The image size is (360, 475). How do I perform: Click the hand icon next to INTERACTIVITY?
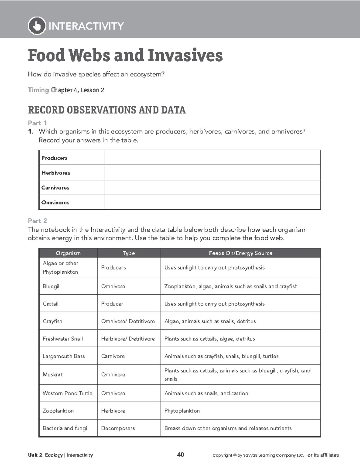pyautogui.click(x=37, y=26)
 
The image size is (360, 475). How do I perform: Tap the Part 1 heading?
pyautogui.click(x=37, y=123)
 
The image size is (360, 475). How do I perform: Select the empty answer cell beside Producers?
pyautogui.click(x=212, y=158)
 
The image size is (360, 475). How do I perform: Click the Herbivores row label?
pyautogui.click(x=56, y=173)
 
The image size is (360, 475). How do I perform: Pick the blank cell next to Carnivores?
pyautogui.click(x=212, y=188)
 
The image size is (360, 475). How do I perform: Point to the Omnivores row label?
pyautogui.click(x=55, y=203)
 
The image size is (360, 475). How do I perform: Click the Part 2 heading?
pyautogui.click(x=37, y=221)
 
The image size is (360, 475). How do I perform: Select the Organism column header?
pyautogui.click(x=68, y=253)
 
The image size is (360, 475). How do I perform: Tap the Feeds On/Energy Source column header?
pyautogui.click(x=240, y=253)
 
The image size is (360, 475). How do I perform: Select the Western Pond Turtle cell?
pyautogui.click(x=67, y=393)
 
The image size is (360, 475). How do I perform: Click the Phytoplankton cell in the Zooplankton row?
pyautogui.click(x=182, y=411)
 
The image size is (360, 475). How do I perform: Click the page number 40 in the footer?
pyautogui.click(x=181, y=455)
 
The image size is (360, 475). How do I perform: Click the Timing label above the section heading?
pyautogui.click(x=38, y=90)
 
